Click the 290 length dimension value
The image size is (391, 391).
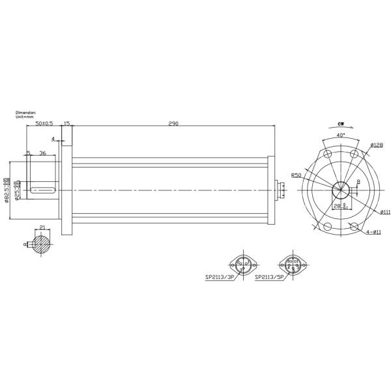point(173,123)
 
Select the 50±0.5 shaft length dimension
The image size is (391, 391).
point(44,123)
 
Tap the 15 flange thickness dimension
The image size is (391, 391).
point(66,123)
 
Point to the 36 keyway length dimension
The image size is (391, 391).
point(42,153)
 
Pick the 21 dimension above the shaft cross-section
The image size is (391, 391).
point(42,227)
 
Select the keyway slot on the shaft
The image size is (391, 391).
point(43,190)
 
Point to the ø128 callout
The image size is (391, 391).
point(375,145)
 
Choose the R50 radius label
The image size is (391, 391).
point(297,175)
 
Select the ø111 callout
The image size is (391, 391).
point(385,212)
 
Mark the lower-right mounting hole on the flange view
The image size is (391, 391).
point(354,226)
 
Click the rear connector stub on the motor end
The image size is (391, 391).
point(282,190)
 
